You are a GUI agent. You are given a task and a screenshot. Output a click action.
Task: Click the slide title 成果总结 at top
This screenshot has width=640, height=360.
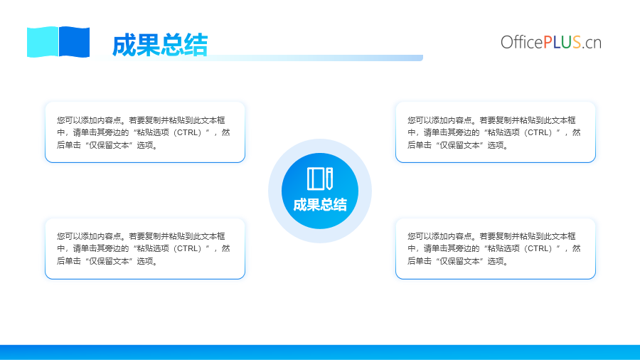tap(160, 45)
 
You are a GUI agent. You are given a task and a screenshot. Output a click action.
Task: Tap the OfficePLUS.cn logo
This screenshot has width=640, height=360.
tap(551, 43)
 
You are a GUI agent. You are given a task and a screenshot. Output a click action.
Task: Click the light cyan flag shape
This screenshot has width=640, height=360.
tap(43, 42)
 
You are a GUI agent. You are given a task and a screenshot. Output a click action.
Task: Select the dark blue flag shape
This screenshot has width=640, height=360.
tap(74, 42)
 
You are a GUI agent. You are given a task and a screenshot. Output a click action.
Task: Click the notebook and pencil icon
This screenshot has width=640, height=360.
tap(320, 179)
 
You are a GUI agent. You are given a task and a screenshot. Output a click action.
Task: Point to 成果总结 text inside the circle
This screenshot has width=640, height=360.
tap(320, 205)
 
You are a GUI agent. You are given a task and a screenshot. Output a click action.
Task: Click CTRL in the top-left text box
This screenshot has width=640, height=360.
tap(189, 132)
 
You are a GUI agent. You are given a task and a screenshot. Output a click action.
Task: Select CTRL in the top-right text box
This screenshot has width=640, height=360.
tap(540, 132)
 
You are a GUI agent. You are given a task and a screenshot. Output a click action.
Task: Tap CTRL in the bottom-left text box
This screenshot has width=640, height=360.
tap(189, 248)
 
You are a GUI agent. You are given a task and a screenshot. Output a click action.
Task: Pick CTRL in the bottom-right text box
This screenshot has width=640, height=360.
tap(540, 248)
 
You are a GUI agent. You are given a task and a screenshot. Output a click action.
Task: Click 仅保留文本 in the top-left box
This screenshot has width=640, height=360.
tap(110, 145)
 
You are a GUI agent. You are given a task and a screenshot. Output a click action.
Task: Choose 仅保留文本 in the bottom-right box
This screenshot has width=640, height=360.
tap(460, 261)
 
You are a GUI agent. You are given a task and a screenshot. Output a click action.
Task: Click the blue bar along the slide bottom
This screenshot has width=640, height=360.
tap(320, 352)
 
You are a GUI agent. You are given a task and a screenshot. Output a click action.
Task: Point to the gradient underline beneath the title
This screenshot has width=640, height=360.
tap(261, 58)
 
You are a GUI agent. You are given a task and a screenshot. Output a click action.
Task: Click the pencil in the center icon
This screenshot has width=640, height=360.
tap(329, 179)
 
